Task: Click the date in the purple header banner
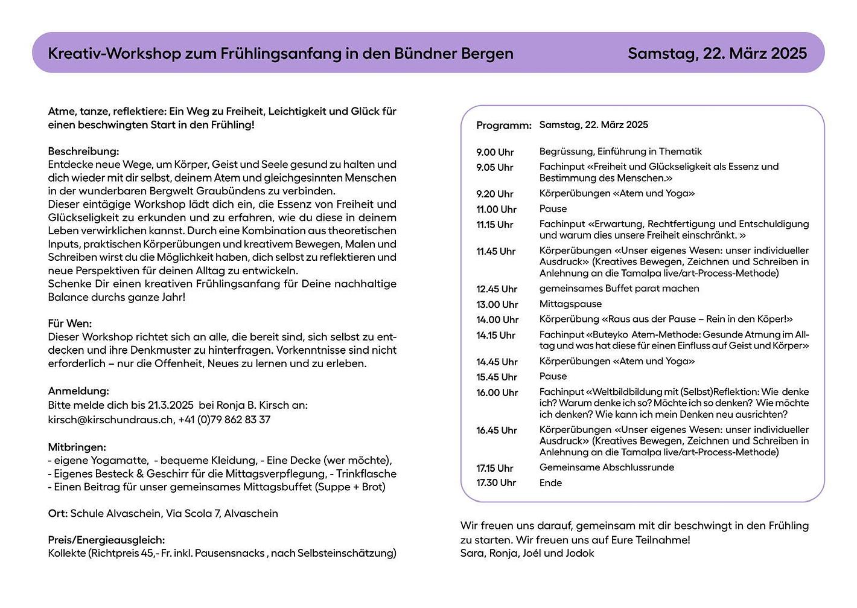(717, 54)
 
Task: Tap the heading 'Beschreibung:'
(83, 151)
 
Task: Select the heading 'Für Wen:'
(70, 324)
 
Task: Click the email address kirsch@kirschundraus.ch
(110, 420)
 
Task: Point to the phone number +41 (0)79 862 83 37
(225, 420)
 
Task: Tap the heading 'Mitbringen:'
(77, 447)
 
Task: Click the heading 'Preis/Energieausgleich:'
(106, 540)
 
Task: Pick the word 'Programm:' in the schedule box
(504, 126)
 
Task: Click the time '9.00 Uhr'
(495, 152)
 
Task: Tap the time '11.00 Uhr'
(496, 210)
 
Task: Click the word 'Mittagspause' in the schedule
(570, 304)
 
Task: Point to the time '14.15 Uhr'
(496, 335)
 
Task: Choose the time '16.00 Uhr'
(497, 392)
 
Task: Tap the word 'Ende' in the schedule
(550, 483)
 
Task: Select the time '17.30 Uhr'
(496, 483)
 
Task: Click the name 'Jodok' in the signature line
(579, 554)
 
